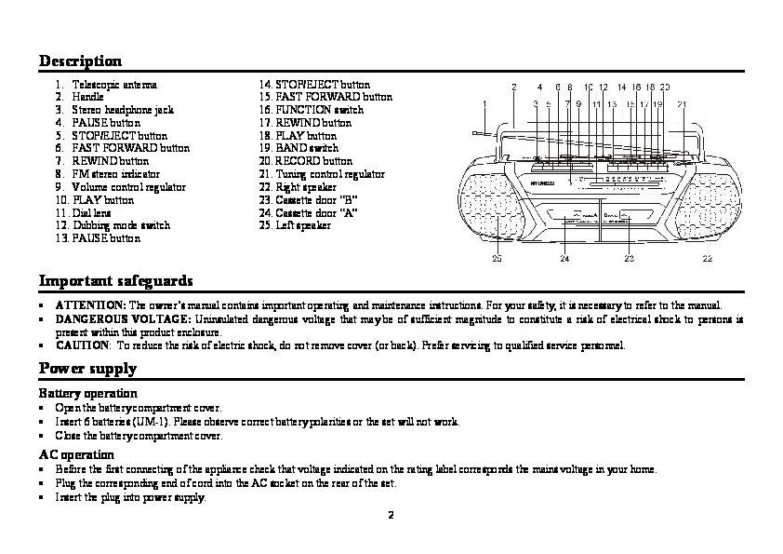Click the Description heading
tap(80, 61)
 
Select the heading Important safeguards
tap(116, 280)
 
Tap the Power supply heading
tap(87, 368)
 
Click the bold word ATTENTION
tap(90, 305)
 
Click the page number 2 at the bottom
tap(391, 515)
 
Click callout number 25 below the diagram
tap(497, 258)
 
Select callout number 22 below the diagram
tap(707, 258)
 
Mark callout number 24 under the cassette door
tap(564, 258)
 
